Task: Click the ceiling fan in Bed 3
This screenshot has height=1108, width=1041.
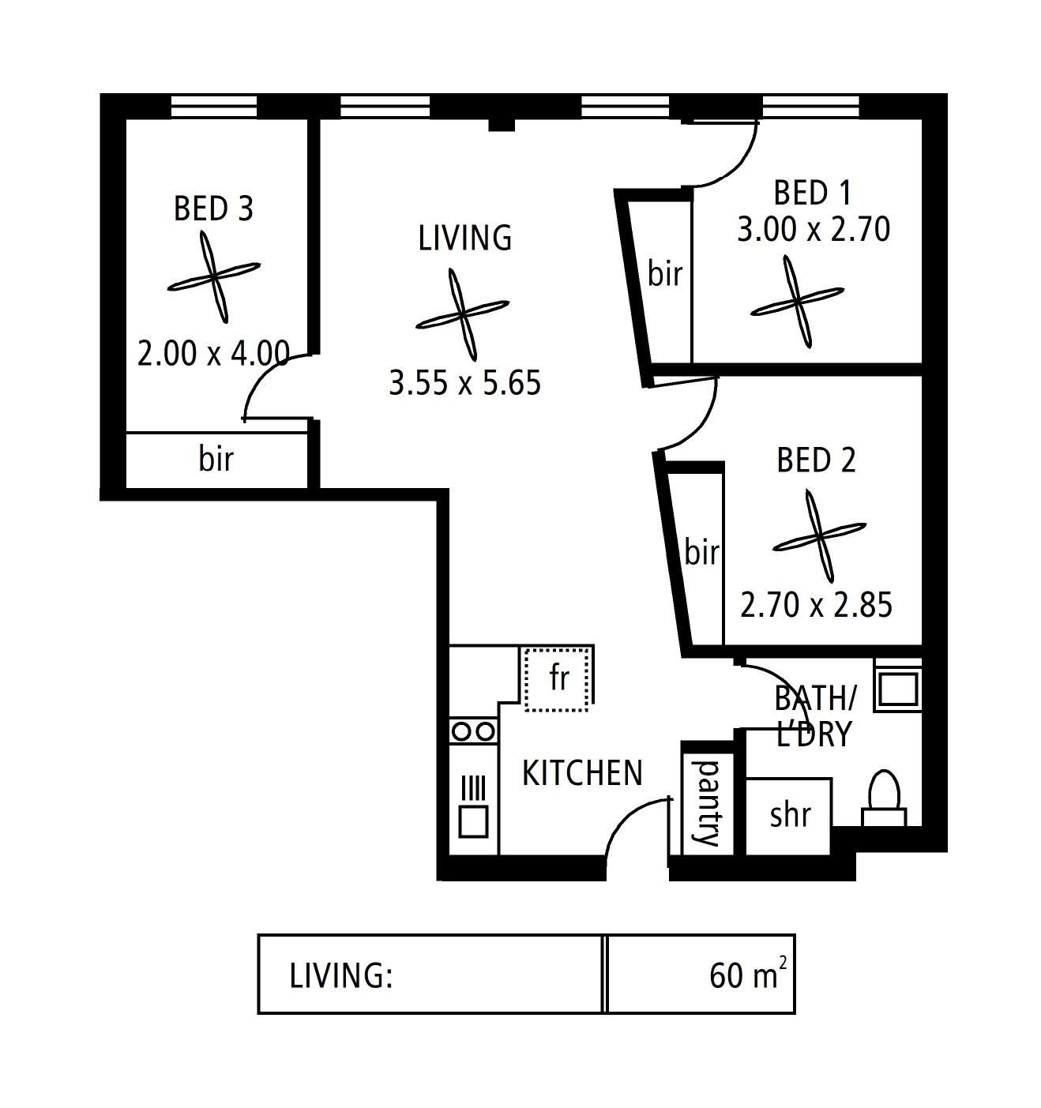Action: pos(214,277)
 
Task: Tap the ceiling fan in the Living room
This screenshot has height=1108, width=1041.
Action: pos(462,314)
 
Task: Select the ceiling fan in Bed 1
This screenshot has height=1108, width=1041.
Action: pos(797,302)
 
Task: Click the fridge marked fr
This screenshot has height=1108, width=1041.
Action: pos(557,678)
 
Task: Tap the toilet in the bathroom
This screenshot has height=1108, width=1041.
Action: pos(884,798)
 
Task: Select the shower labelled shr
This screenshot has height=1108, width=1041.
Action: pos(789,816)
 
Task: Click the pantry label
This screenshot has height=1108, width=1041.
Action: pos(706,803)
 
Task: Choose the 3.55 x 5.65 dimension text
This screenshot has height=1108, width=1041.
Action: pos(465,383)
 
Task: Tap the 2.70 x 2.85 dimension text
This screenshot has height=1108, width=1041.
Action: pos(816,605)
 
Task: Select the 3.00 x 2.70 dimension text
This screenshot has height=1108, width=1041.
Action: pos(814,229)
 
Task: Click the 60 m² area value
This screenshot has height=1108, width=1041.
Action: pos(748,976)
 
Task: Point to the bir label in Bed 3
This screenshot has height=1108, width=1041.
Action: pos(216,459)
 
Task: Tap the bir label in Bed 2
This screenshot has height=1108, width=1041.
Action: pos(701,552)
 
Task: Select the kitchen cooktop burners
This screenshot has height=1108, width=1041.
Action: pos(473,731)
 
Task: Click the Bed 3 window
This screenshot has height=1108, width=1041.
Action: pos(214,106)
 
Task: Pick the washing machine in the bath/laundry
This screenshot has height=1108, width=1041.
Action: pos(897,685)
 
